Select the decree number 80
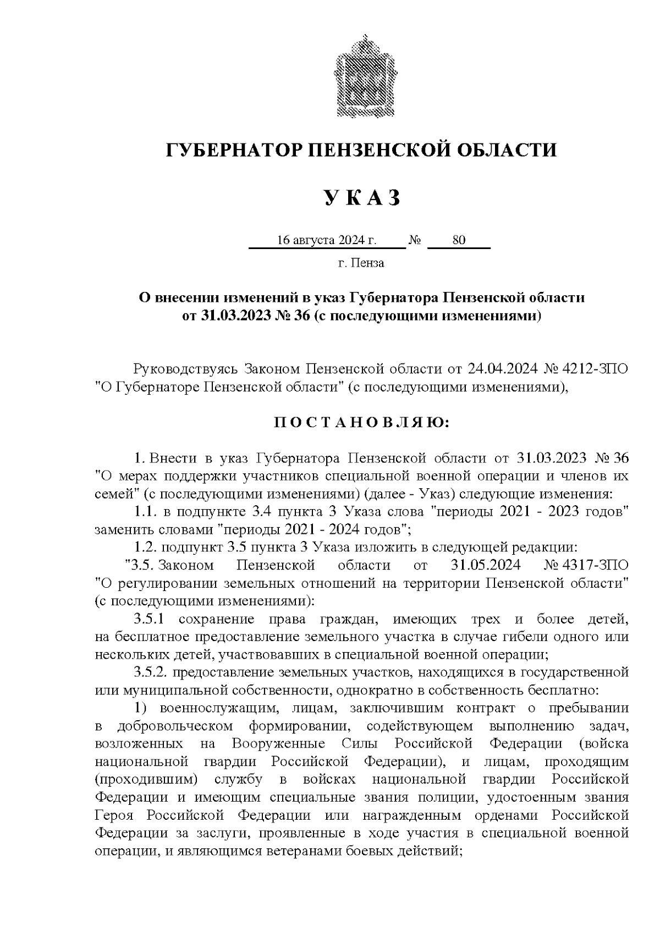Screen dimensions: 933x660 pos(458,240)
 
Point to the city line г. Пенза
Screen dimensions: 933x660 pos(361,263)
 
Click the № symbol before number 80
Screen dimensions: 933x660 pos(415,240)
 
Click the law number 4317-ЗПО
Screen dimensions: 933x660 pos(597,565)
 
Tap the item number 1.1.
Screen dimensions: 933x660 pos(146,511)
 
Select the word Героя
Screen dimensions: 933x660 pos(113,815)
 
